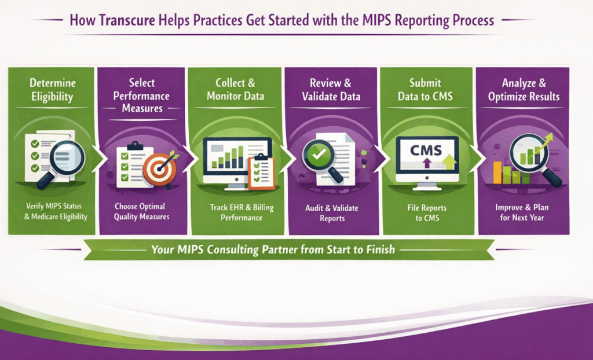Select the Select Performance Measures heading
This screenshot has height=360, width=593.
coord(141,95)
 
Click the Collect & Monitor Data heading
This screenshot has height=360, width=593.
coord(235,89)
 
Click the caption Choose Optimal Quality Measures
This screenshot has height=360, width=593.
coord(141,211)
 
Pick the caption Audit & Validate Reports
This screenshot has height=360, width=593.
coord(332,213)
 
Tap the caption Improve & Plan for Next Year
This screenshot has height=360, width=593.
coord(524,212)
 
